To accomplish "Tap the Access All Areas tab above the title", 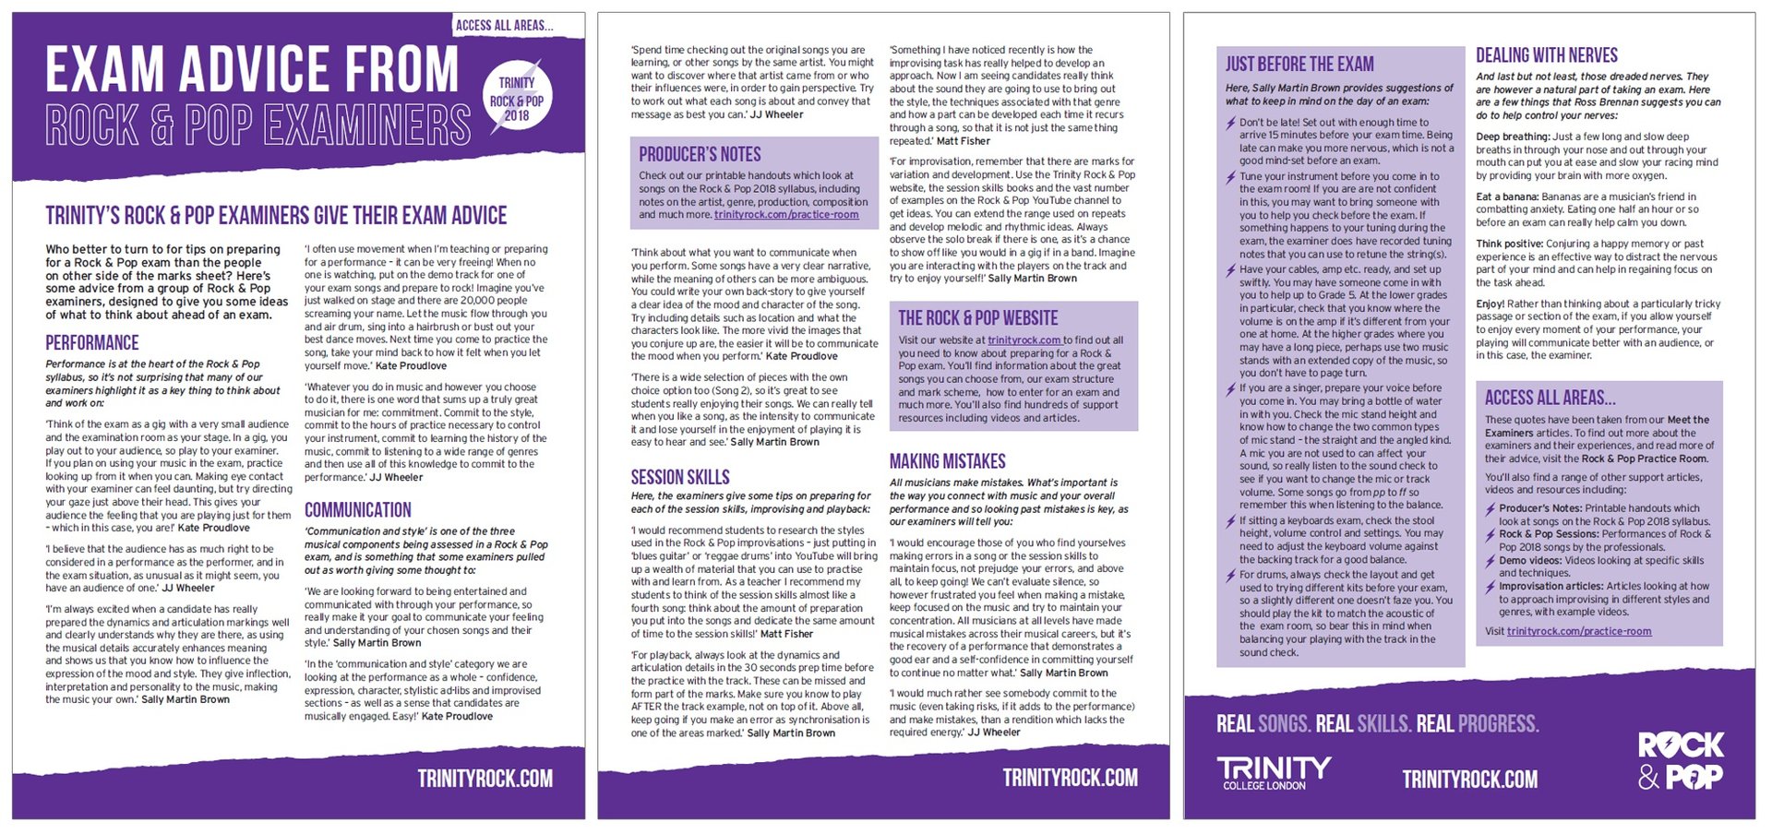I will pos(504,25).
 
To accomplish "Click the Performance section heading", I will pos(92,343).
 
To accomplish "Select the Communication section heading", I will pos(358,510).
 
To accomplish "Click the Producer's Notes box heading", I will pos(700,154).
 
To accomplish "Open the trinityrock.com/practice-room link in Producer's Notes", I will pos(786,215).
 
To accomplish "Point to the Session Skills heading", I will pos(680,477).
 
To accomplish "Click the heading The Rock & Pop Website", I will pos(977,318).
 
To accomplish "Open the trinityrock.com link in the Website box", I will pos(1024,340).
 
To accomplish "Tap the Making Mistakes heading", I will pos(947,461).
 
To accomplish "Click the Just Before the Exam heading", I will pos(1299,65).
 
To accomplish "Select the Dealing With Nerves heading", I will pos(1546,55).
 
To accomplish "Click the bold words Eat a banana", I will pos(1506,197).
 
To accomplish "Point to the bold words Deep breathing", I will pos(1512,137).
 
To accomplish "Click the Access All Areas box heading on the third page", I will pos(1550,398).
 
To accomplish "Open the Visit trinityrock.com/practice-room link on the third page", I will pos(1578,632).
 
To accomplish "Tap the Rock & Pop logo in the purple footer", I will pos(1680,761).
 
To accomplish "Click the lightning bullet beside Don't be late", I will pos(1231,123).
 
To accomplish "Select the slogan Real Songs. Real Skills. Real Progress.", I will pos(1377,724).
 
